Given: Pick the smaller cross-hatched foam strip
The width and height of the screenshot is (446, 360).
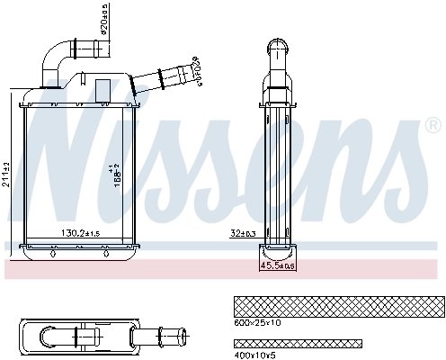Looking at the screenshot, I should coord(297,343).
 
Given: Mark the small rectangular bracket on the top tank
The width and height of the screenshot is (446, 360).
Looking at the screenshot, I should coord(103,89).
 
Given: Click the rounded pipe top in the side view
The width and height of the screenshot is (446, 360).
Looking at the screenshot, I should coord(278,45).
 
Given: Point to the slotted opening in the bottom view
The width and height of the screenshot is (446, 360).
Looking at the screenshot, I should coord(60,337).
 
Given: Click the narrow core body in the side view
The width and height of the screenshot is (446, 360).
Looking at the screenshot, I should coord(277,171).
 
